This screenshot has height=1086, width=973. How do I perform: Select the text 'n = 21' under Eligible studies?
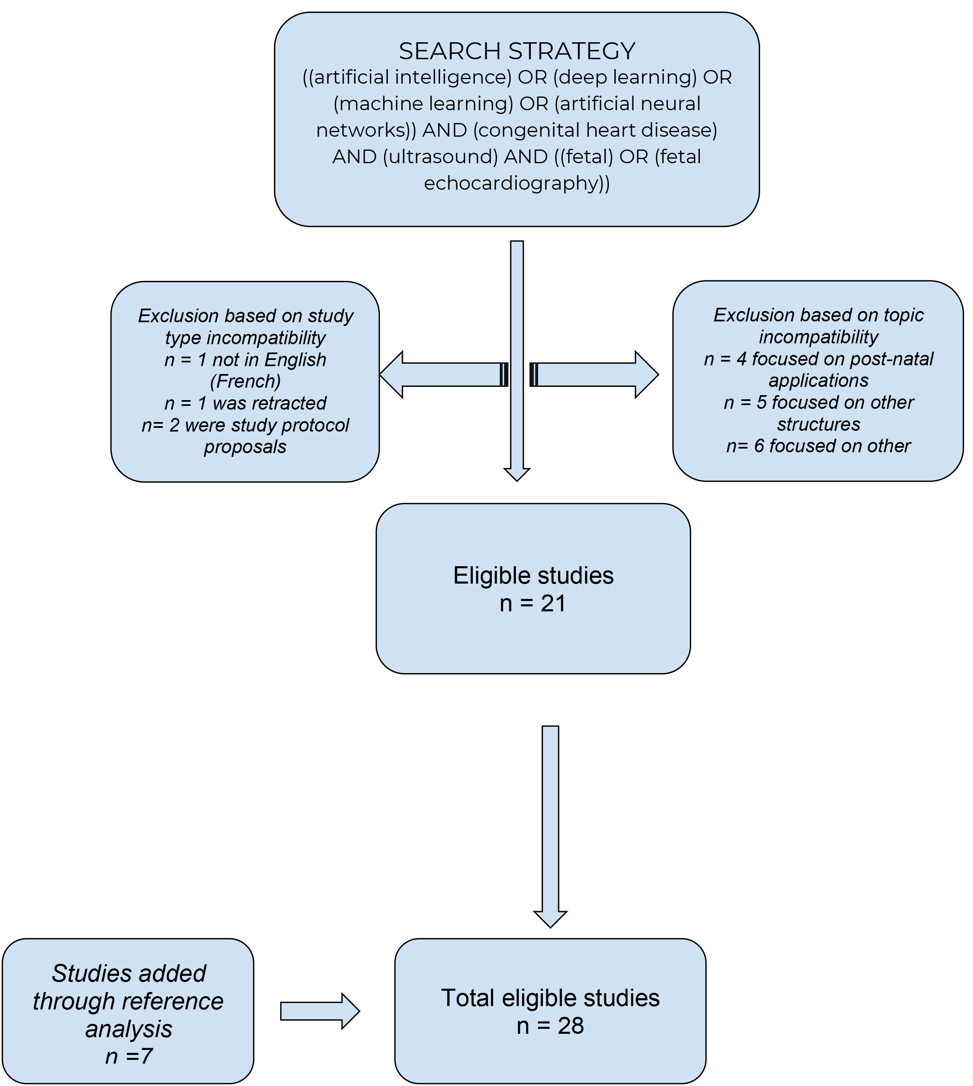(532, 603)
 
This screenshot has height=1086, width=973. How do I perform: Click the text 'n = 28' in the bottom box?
(550, 1026)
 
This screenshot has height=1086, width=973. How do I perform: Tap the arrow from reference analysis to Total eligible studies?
(319, 1011)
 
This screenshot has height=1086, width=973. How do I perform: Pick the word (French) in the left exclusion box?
(245, 381)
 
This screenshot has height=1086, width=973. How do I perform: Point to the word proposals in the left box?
(245, 447)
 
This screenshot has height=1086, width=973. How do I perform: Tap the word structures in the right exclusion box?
(818, 425)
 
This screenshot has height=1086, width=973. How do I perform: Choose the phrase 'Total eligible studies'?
(550, 998)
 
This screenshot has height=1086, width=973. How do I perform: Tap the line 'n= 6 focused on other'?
(818, 446)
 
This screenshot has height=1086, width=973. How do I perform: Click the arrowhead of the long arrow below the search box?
(517, 474)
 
